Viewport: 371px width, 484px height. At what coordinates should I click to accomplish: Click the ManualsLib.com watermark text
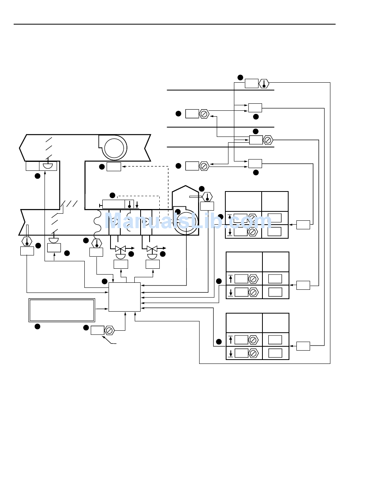[x=188, y=220]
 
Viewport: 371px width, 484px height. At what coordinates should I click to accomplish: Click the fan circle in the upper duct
[x=114, y=148]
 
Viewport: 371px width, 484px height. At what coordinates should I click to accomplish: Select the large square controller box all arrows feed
[x=125, y=297]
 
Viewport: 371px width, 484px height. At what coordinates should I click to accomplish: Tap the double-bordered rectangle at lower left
[x=62, y=310]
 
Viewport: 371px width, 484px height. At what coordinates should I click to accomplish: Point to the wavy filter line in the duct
[x=97, y=224]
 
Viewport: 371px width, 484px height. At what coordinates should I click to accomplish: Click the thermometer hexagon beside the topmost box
[x=264, y=83]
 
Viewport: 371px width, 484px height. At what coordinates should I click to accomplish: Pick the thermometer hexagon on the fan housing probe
[x=207, y=197]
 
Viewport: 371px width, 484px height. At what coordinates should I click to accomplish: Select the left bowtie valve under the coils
[x=120, y=249]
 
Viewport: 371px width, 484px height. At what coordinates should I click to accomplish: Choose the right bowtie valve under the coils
[x=152, y=249]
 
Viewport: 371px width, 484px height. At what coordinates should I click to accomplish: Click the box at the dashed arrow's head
[x=114, y=167]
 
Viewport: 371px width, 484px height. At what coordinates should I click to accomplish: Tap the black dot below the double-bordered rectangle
[x=37, y=326]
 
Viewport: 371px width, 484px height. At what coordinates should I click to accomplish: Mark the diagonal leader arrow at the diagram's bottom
[x=109, y=340]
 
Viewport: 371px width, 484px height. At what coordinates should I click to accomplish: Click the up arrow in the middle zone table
[x=230, y=279]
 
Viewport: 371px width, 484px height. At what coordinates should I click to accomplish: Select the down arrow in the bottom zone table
[x=231, y=353]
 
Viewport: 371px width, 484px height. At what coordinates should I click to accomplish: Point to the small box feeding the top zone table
[x=303, y=225]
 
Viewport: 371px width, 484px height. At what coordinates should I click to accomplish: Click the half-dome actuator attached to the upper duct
[x=48, y=166]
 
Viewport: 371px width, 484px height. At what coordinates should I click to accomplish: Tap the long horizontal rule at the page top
[x=175, y=24]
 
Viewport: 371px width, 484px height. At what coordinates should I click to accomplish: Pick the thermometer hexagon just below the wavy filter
[x=97, y=243]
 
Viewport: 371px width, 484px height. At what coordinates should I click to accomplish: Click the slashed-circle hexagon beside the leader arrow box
[x=109, y=331]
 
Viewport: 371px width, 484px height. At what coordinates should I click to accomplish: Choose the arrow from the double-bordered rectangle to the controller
[x=102, y=309]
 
